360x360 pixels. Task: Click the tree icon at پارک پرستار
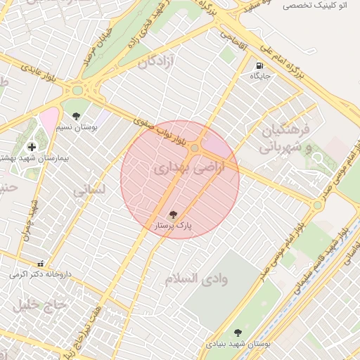click(173, 214)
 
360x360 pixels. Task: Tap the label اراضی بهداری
click(180, 168)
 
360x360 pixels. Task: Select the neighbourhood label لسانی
click(89, 190)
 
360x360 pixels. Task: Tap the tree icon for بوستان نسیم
click(76, 117)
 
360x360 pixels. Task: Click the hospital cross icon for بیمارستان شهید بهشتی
click(31, 146)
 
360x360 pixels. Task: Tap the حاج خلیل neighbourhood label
click(39, 304)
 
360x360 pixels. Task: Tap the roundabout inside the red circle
click(194, 148)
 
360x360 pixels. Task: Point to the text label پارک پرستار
click(173, 226)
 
